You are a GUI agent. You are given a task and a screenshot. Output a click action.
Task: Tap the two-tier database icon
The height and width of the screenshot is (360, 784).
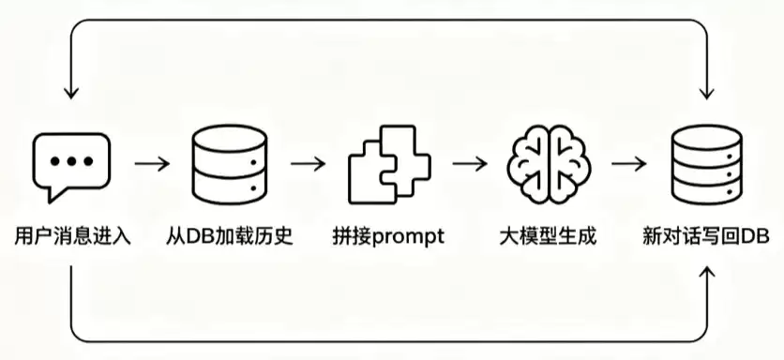click(230, 164)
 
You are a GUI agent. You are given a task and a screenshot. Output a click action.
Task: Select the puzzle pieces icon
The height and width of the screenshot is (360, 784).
click(389, 164)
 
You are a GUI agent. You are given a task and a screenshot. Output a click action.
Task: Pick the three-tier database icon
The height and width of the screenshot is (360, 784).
click(706, 164)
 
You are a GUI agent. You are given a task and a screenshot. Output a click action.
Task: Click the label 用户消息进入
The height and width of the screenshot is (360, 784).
click(72, 236)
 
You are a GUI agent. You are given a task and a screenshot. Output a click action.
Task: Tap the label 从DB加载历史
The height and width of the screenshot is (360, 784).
click(230, 236)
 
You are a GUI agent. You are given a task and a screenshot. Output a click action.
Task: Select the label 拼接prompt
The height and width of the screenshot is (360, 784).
click(388, 236)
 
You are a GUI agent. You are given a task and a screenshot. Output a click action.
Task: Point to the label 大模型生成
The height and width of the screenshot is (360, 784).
click(548, 236)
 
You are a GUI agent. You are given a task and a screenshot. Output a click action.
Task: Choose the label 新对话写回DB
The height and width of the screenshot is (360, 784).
click(706, 236)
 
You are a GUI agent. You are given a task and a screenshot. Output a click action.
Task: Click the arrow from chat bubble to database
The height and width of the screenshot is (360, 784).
click(152, 163)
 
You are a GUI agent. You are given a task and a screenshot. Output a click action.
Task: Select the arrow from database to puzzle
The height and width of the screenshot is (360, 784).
click(308, 163)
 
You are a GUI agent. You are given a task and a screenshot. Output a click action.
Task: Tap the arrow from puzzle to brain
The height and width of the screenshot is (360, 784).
click(470, 163)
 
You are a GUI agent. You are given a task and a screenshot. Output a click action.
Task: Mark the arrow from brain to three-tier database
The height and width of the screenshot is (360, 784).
click(629, 163)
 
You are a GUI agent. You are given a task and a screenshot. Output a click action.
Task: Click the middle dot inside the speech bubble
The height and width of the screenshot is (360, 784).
click(71, 161)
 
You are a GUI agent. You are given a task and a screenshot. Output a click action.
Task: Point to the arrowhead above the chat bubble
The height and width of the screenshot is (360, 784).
click(71, 94)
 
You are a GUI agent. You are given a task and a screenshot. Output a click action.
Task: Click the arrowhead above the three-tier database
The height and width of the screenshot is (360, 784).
click(706, 94)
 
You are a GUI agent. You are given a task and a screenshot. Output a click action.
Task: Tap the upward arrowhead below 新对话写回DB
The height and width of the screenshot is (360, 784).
click(706, 272)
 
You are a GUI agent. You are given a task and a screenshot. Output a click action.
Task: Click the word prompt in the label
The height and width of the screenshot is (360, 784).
click(409, 237)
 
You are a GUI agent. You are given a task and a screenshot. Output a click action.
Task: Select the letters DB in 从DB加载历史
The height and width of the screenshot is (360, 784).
click(200, 236)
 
